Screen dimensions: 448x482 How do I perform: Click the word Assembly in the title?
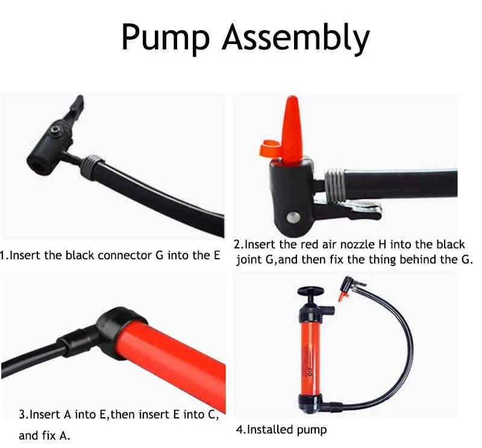point(295,37)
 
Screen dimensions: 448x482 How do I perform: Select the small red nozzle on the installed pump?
point(342,295)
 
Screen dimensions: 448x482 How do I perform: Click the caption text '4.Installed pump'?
point(281,429)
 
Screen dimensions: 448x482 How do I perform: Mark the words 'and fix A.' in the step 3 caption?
point(45,434)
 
